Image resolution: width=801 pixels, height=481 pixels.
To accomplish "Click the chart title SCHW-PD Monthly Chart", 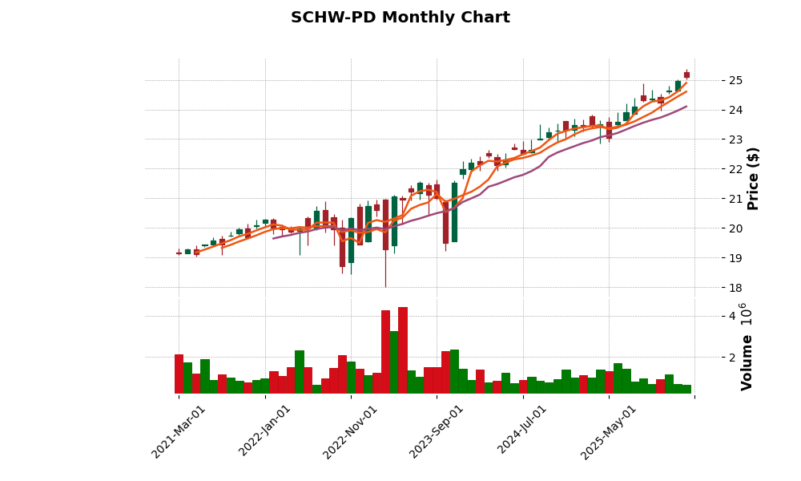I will (x=400, y=18).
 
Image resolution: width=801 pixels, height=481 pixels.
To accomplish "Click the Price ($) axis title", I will (x=753, y=178).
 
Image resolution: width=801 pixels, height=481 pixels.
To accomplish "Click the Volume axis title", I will (x=747, y=362).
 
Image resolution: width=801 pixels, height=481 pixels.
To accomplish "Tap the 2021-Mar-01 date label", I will (x=179, y=431).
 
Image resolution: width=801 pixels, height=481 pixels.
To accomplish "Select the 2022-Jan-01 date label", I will (x=265, y=431).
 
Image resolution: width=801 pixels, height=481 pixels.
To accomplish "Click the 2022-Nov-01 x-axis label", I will (x=351, y=431).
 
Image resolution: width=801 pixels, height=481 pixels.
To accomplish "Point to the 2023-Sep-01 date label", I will (x=437, y=431).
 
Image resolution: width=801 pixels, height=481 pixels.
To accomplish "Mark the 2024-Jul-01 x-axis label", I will (x=522, y=431).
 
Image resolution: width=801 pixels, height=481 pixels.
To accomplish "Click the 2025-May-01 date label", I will (x=609, y=431).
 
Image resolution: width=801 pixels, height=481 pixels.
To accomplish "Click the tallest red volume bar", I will (x=403, y=350).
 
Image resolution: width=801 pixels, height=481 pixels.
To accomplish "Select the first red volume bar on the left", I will (x=179, y=374).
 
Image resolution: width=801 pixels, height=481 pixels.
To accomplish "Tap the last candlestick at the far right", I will (x=686, y=75).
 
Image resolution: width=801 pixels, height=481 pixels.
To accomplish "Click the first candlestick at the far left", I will (x=179, y=253).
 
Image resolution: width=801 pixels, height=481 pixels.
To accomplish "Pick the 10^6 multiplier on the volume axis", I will (x=744, y=313).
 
